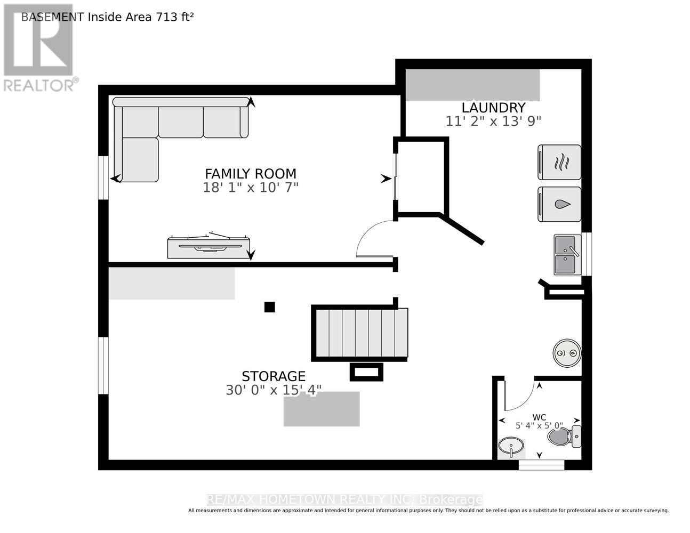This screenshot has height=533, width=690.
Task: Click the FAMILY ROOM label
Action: click(x=251, y=174)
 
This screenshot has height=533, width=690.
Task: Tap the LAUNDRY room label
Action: click(x=493, y=108)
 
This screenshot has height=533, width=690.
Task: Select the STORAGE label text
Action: click(x=274, y=376)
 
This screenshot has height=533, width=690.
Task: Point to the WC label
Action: click(x=539, y=417)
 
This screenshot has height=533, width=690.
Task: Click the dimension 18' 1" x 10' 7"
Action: click(x=251, y=188)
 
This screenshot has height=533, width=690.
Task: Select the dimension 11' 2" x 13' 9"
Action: click(x=493, y=121)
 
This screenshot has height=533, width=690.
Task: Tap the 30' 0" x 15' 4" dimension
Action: click(x=274, y=390)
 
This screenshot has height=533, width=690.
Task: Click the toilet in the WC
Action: click(x=564, y=437)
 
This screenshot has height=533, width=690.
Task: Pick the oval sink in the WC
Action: click(x=511, y=447)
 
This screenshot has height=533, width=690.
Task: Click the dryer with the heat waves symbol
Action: click(x=559, y=162)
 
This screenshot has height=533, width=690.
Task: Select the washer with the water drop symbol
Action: click(x=559, y=204)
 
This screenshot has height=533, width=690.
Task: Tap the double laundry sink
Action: click(x=567, y=255)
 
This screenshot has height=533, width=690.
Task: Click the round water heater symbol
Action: click(x=567, y=353)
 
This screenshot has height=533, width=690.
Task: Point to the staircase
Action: click(x=362, y=333)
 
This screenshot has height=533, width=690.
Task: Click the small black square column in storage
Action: click(x=270, y=307)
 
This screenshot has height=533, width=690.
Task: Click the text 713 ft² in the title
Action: click(x=174, y=17)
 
